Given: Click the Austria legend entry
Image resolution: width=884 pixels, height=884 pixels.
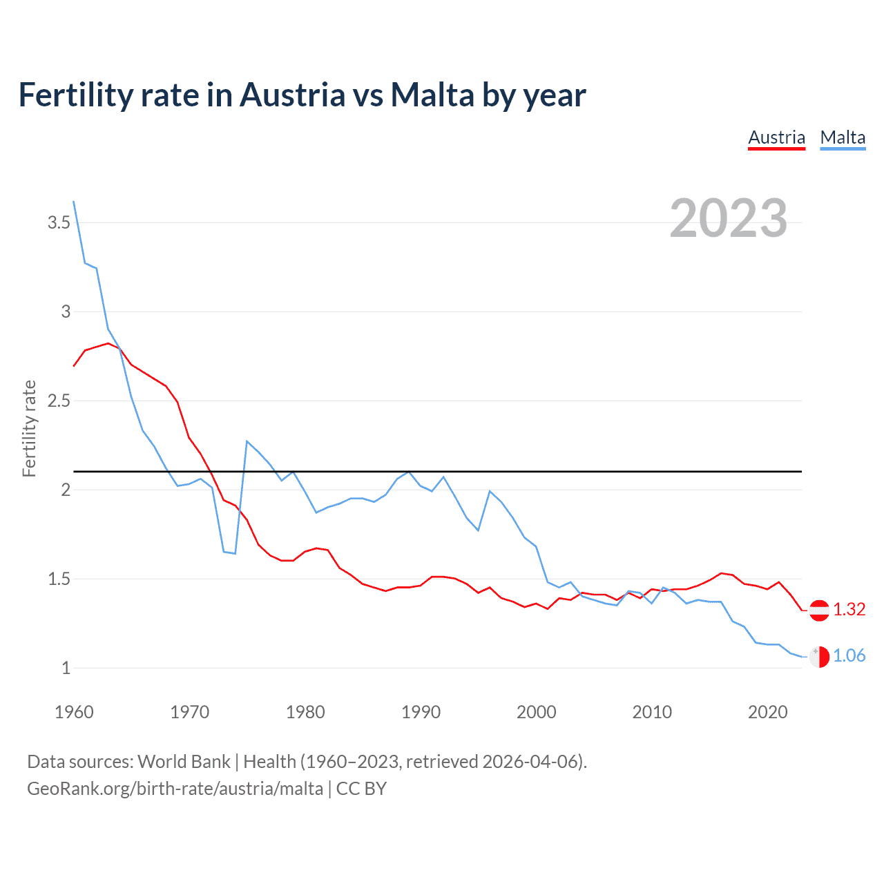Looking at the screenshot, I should pos(776,137).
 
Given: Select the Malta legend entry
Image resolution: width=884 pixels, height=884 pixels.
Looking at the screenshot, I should pos(843,137).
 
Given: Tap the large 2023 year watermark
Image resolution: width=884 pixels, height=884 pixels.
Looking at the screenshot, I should pos(728,218).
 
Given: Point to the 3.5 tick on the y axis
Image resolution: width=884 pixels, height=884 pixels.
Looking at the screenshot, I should pos(59,222).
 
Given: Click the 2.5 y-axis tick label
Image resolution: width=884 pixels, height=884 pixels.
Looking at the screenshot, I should pos(59,401).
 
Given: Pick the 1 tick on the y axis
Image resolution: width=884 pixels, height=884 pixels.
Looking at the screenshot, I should pos(66,668).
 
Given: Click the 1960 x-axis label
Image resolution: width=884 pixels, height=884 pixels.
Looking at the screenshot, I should pos(74,712).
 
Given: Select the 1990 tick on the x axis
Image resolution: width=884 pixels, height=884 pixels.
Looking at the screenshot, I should pos(421,712).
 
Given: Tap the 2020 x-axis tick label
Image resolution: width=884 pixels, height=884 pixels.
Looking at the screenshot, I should pos(767,712).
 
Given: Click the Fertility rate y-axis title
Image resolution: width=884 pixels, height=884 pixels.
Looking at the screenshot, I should pos(29,428).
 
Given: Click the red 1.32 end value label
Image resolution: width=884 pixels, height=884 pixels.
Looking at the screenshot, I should pos(849,609).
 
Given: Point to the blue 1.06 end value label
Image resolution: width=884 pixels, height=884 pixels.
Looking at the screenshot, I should pos(849,655).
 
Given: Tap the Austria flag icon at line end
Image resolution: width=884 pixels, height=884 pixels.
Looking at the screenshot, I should pos(819,610).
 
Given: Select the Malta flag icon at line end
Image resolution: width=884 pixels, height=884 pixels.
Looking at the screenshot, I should pos(819,656).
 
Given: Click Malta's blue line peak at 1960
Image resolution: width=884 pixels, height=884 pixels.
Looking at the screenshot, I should pos(74,202).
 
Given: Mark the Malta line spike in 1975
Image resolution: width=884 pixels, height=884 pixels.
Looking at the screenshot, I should pos(247,441).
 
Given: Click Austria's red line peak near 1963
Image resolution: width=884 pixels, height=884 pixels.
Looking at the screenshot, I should pos(108,343).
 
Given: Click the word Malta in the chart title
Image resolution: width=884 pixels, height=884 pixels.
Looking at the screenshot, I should pos(432,95).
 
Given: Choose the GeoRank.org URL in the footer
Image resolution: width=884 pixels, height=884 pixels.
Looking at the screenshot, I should pos(175,788).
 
